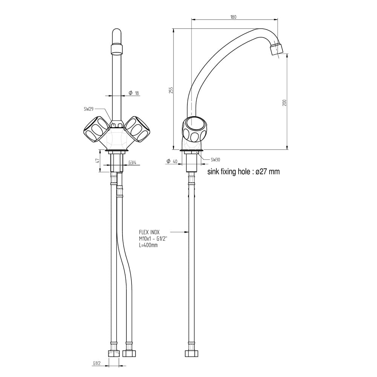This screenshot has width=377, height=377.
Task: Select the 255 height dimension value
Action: coord(171,90)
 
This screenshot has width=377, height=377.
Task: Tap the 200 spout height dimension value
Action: coord(285,102)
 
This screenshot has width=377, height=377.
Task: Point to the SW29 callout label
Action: coord(89,109)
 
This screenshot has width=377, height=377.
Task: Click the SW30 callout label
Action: coord(216,159)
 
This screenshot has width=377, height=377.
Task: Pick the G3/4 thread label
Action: coord(132,162)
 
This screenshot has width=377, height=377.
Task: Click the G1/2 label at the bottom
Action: coord(97,363)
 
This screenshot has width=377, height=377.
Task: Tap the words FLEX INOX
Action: coord(149,233)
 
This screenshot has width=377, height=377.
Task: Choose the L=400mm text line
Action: coord(148,245)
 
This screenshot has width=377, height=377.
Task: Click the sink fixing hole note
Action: coord(244,172)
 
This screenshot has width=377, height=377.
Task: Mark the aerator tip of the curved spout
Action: coord(277,49)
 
